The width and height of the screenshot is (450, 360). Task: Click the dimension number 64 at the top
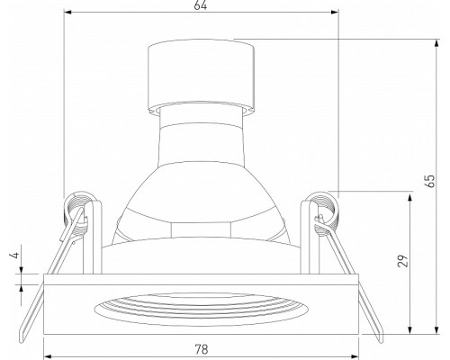tap(201, 5)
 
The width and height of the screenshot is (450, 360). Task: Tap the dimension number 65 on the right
tap(430, 181)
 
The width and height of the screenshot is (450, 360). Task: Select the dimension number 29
tap(403, 260)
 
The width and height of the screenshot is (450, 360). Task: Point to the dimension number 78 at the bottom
tap(202, 349)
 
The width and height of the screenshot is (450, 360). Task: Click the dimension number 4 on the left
tap(15, 255)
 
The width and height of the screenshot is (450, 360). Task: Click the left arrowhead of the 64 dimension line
tap(68, 13)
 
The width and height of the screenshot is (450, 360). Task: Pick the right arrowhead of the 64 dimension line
tap(335, 13)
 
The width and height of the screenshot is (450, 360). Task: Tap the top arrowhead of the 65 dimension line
tap(436, 43)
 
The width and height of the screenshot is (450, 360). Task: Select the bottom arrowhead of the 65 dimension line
tap(436, 329)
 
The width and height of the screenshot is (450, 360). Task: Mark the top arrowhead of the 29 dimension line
tap(409, 198)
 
